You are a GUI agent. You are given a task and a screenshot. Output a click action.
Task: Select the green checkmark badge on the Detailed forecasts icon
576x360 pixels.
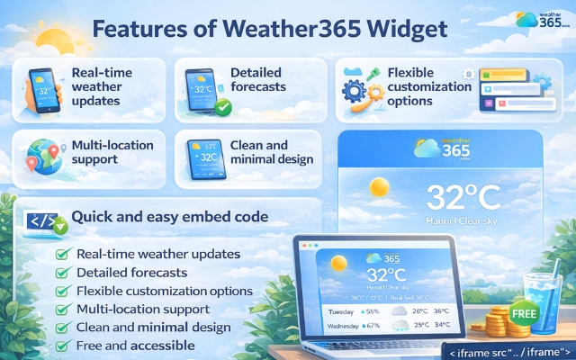click(x=221, y=108)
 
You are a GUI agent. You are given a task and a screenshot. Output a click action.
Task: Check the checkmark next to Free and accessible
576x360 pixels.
click(x=62, y=346)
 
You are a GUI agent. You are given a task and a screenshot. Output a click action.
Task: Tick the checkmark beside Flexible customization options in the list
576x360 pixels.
click(x=62, y=292)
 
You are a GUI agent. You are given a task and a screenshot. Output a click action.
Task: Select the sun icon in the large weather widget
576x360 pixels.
click(x=379, y=188)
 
